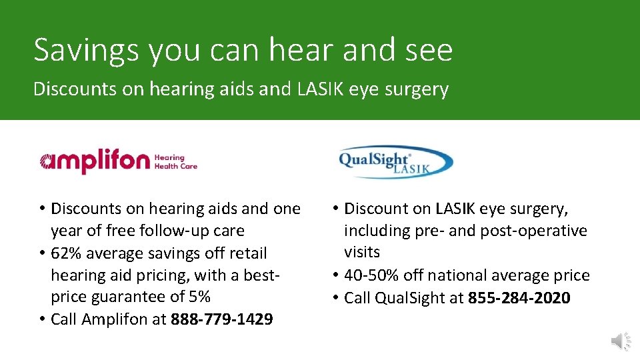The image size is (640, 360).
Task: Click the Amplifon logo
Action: pyautogui.click(x=94, y=162)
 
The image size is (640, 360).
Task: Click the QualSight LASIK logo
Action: pyautogui.click(x=396, y=162)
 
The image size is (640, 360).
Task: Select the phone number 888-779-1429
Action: pyautogui.click(x=221, y=319)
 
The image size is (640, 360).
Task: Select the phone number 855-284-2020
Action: pyautogui.click(x=519, y=297)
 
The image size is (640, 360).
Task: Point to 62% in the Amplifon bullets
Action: pyautogui.click(x=66, y=253)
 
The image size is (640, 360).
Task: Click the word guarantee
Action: pyautogui.click(x=129, y=297)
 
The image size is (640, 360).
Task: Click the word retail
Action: pyautogui.click(x=248, y=253)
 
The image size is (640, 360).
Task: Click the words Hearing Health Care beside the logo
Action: pyautogui.click(x=175, y=162)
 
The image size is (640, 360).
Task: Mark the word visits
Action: pyautogui.click(x=362, y=253)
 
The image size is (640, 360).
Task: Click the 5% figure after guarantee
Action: pyautogui.click(x=198, y=297)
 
